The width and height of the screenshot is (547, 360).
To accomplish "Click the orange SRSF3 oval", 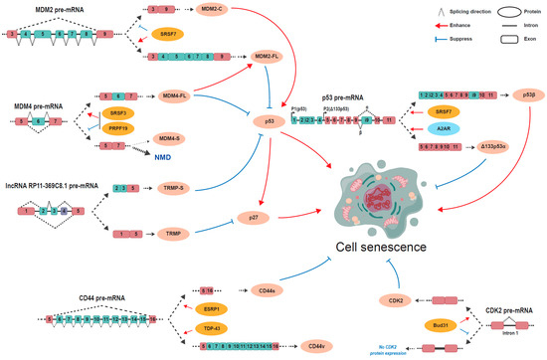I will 119,114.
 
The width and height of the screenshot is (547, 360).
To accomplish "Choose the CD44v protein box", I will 316,345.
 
